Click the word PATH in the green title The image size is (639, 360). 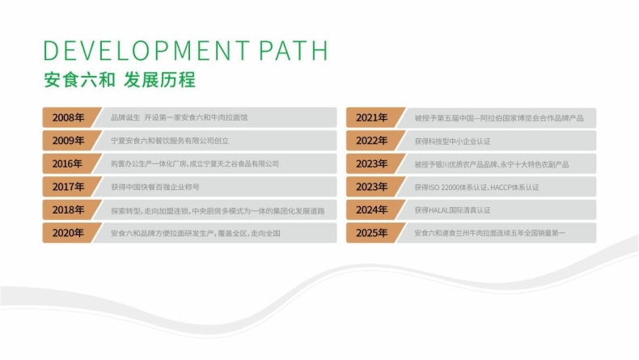coord(293,50)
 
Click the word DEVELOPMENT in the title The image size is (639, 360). coord(146,50)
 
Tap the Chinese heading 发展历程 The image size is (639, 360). coord(160,79)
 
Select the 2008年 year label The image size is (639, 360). coord(68,117)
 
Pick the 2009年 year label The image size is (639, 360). coord(68,141)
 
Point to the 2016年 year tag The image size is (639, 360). coord(67,164)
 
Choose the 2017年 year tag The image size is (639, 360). coord(68,187)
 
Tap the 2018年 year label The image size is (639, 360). coord(68,210)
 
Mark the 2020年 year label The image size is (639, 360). coord(68,233)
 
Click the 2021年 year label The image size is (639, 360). coord(371,118)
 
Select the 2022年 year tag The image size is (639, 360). coord(371,141)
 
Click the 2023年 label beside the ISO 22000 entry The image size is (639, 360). coord(371,187)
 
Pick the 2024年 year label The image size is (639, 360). coord(371,210)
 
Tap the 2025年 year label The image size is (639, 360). coord(371,233)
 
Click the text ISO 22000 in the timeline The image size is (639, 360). coord(448,188)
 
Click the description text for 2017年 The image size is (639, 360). coord(155,187)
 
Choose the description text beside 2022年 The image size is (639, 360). coord(452,142)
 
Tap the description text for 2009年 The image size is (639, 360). coord(170,141)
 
